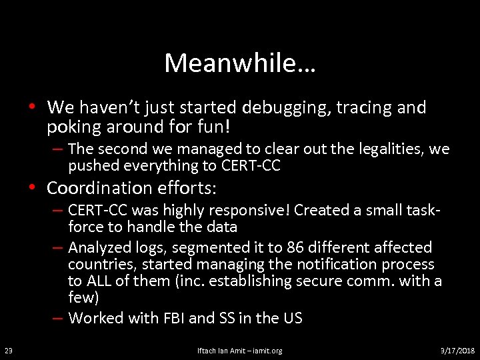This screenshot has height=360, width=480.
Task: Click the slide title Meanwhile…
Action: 240,63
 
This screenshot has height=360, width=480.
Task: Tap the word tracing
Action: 360,107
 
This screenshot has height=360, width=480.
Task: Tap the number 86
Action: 297,247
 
